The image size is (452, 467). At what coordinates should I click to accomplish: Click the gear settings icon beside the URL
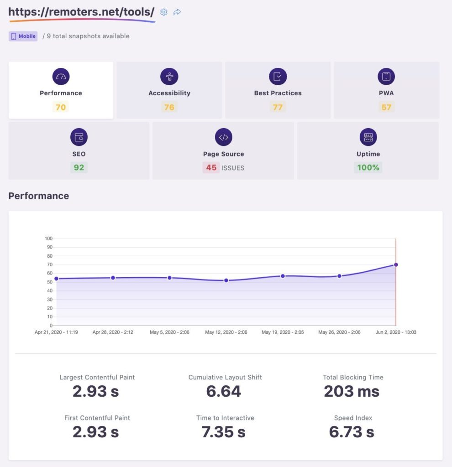tap(164, 12)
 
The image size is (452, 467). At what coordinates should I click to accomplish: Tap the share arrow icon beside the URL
tap(177, 12)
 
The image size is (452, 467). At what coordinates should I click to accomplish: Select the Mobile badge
tap(23, 36)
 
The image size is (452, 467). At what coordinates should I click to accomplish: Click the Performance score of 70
tap(61, 107)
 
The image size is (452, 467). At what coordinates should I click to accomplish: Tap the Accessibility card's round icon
tap(169, 77)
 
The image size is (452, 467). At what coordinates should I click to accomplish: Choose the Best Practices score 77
tap(278, 107)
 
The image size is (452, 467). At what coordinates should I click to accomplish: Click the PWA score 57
tap(386, 107)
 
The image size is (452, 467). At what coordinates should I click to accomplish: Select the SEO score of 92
tap(79, 167)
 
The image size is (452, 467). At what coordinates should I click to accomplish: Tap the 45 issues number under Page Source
tap(211, 167)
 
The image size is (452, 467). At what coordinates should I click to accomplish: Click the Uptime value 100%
tap(368, 167)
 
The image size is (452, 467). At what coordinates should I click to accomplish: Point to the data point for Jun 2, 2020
tap(396, 265)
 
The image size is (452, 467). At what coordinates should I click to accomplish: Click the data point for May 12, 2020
tap(226, 280)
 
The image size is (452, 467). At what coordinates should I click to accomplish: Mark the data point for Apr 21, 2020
tap(56, 279)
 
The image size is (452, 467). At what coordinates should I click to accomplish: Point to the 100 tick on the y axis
tap(48, 238)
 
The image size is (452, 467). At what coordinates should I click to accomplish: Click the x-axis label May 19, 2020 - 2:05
tap(283, 332)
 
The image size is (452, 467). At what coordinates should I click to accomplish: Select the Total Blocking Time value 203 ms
tap(352, 391)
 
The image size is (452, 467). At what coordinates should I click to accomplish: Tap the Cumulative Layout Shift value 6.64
tap(224, 391)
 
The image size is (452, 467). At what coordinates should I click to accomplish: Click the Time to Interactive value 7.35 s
tap(224, 432)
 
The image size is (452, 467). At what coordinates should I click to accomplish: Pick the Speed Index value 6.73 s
tap(352, 432)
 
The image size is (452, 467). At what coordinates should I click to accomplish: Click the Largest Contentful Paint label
tap(97, 377)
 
